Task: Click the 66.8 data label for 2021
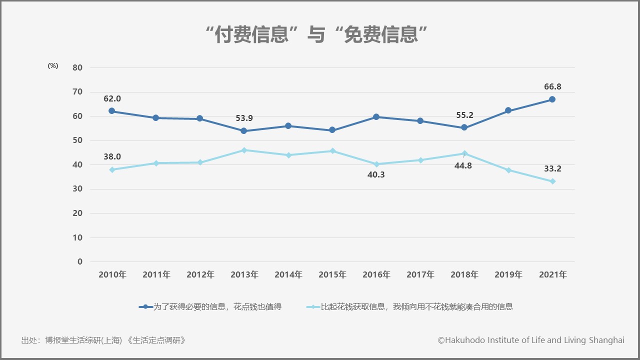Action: click(552, 87)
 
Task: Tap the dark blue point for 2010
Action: click(111, 111)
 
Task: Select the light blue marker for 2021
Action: click(552, 181)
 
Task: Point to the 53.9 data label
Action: click(244, 118)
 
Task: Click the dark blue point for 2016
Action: click(376, 117)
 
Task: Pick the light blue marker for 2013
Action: click(244, 150)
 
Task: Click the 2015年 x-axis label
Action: click(332, 274)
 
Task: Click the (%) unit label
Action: click(53, 65)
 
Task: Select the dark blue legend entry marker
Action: click(145, 307)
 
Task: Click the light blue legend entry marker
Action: click(313, 307)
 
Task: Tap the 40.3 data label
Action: click(376, 175)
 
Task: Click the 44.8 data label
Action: click(463, 166)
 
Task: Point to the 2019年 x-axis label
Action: click(508, 274)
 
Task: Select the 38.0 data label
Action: click(112, 156)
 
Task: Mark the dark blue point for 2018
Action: click(464, 128)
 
